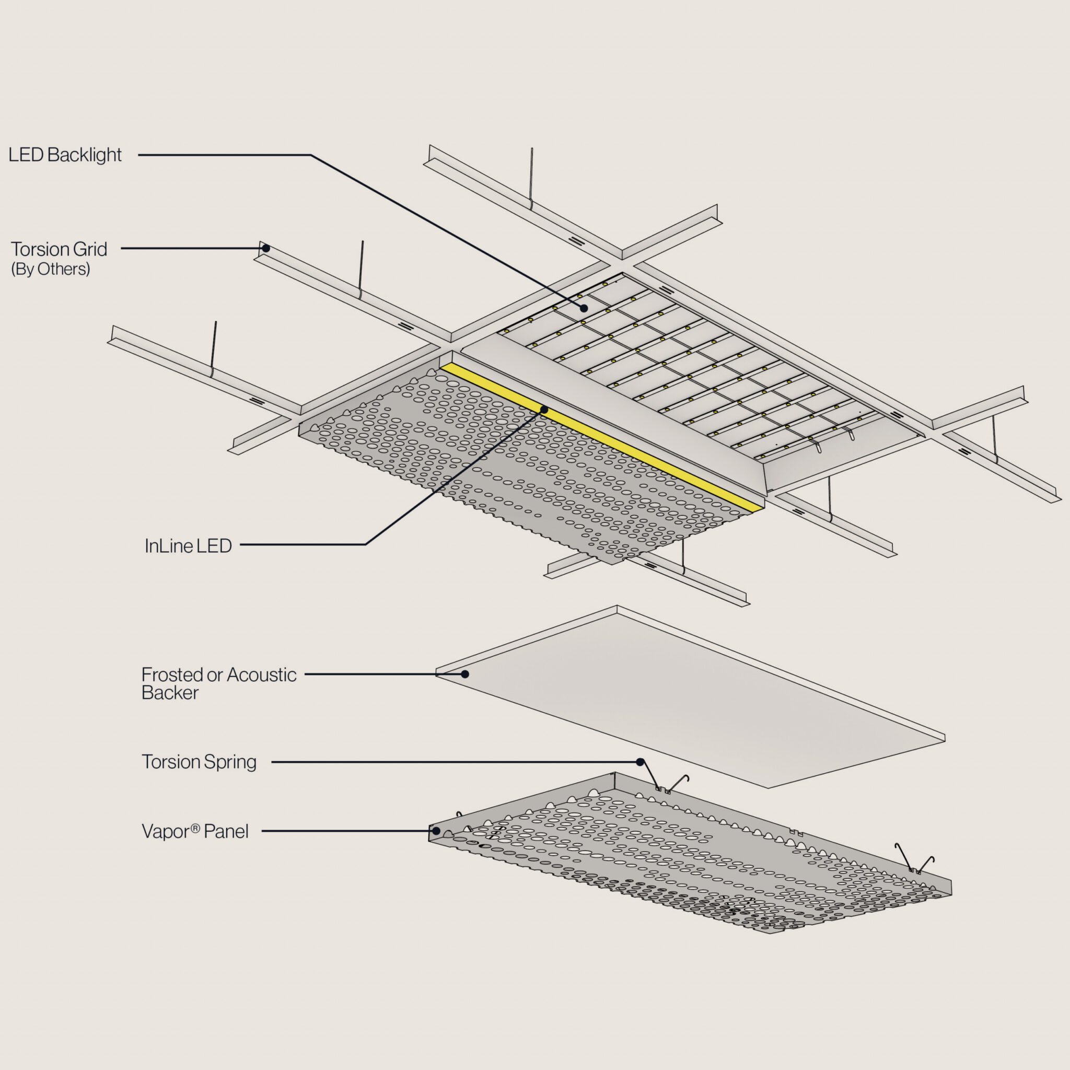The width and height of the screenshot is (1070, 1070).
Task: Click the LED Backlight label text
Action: [65, 155]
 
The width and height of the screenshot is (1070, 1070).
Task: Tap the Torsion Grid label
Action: [59, 249]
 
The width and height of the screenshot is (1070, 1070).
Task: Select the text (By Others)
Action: [50, 269]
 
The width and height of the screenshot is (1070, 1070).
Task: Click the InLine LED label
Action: [188, 546]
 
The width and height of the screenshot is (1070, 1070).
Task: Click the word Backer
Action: [170, 693]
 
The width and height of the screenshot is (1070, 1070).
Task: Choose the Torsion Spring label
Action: [199, 762]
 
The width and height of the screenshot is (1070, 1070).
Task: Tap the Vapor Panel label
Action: [195, 831]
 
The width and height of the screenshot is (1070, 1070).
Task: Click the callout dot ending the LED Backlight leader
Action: [584, 308]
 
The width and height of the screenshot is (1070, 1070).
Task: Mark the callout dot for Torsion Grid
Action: [266, 248]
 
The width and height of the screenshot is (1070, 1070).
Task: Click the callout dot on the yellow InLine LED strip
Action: [544, 410]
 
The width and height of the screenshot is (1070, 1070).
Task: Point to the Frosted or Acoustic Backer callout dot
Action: [465, 674]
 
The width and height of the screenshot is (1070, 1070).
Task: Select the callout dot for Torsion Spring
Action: [640, 762]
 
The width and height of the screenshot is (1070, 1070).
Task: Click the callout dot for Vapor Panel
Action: [436, 831]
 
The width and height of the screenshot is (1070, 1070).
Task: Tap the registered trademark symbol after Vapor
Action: [195, 828]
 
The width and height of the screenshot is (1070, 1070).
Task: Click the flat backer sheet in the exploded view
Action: [687, 698]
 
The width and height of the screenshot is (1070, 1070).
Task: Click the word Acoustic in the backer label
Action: [261, 674]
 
